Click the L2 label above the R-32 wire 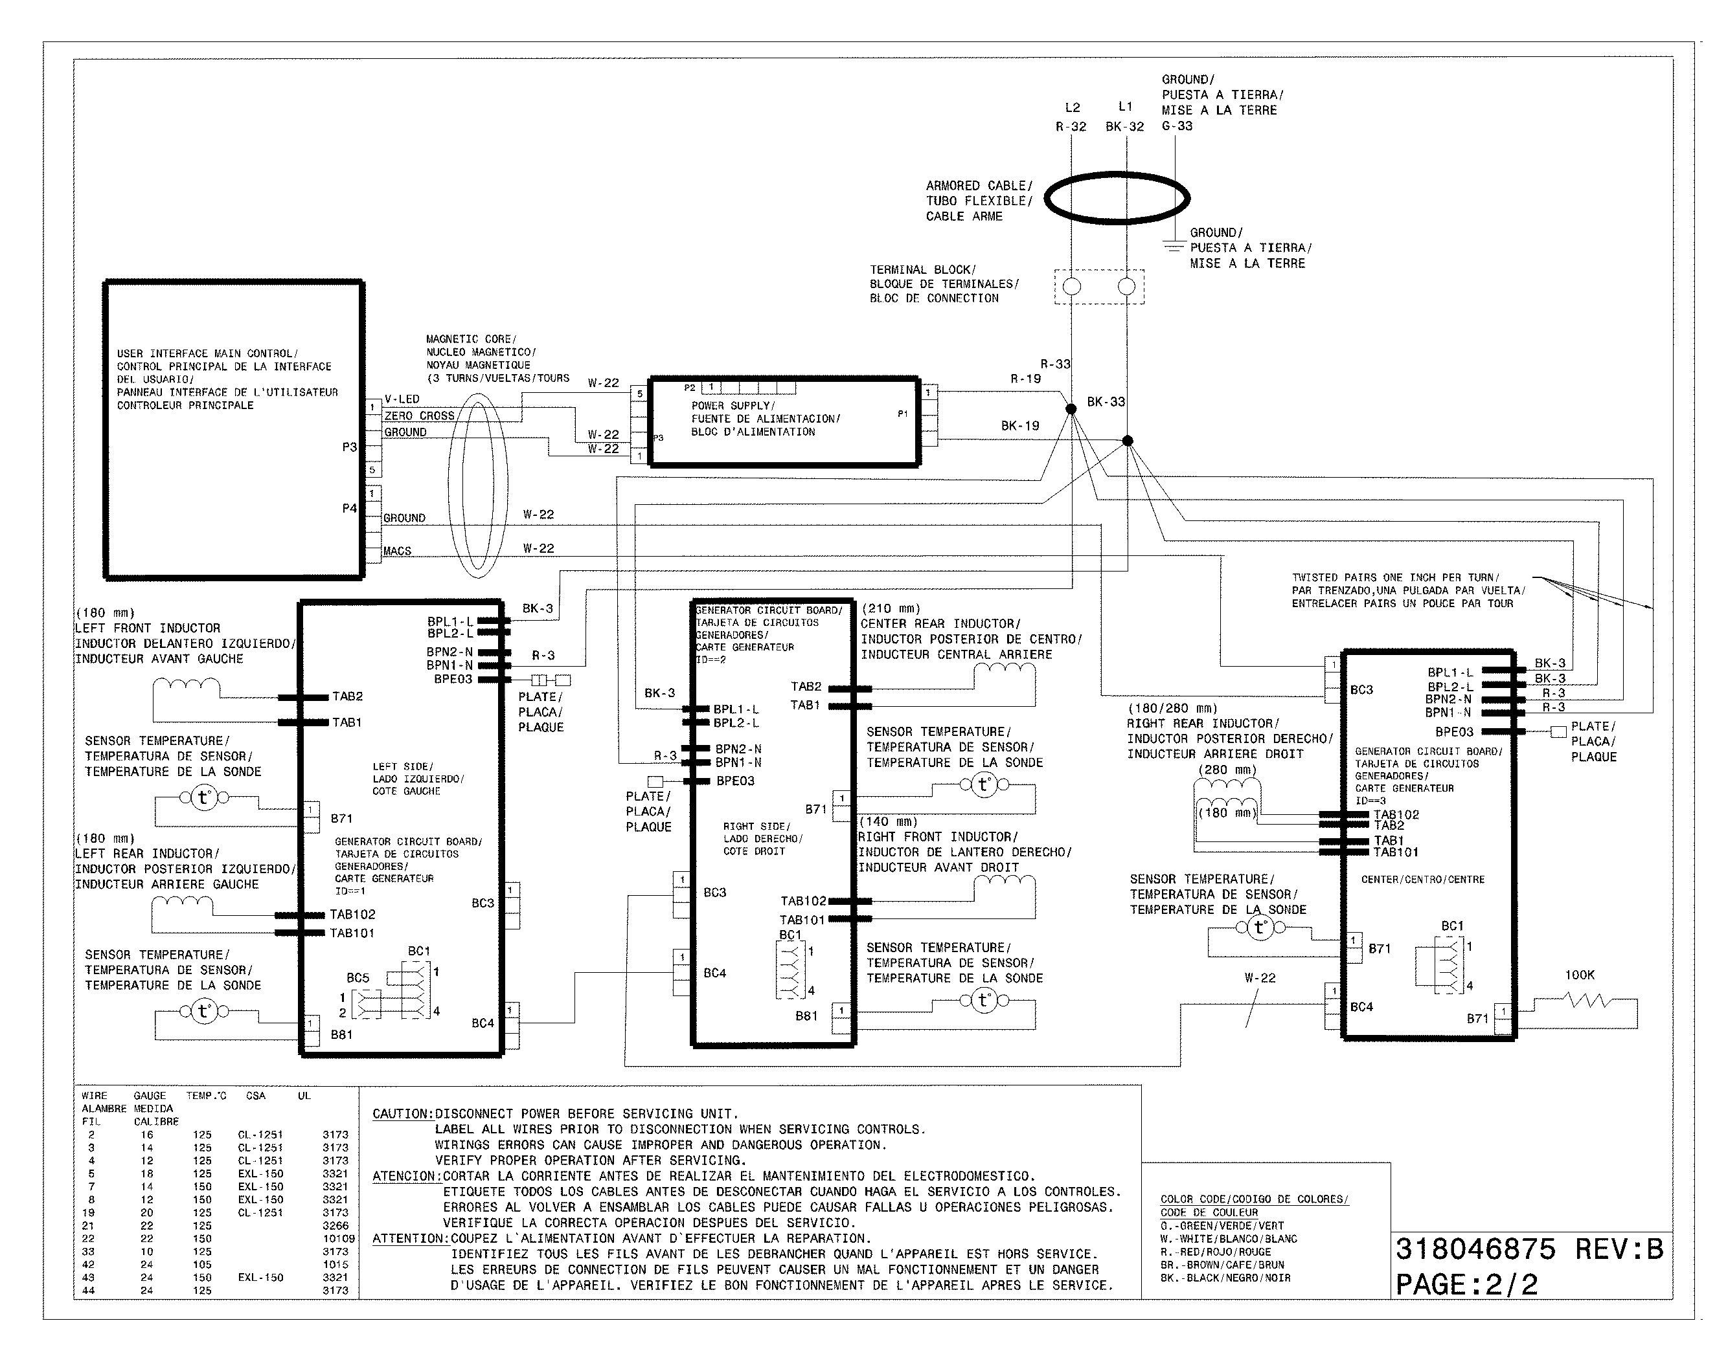click(1072, 107)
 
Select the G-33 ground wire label click(1177, 126)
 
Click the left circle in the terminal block click(1071, 287)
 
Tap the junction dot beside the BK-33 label click(1128, 441)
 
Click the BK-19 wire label click(1020, 426)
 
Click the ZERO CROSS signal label click(419, 416)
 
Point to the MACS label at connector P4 click(397, 551)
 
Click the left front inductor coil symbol click(187, 686)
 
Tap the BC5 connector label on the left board click(358, 978)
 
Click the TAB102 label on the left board click(352, 914)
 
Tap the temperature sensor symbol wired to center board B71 click(1260, 928)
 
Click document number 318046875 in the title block click(1475, 1249)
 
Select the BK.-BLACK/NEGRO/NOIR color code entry click(1225, 1278)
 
